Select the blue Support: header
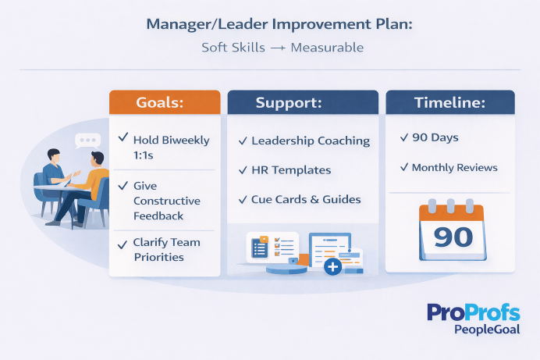pyautogui.click(x=300, y=102)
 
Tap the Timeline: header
pyautogui.click(x=449, y=102)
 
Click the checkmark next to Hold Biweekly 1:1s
pyautogui.click(x=123, y=138)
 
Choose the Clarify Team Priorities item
pyautogui.click(x=166, y=249)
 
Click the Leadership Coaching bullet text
pyautogui.click(x=310, y=141)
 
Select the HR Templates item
pyautogui.click(x=290, y=169)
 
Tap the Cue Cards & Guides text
pyautogui.click(x=306, y=199)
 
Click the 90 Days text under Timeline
pyautogui.click(x=435, y=137)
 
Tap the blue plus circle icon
pyautogui.click(x=332, y=266)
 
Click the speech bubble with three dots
pyautogui.click(x=87, y=141)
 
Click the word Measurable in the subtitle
pyautogui.click(x=327, y=48)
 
